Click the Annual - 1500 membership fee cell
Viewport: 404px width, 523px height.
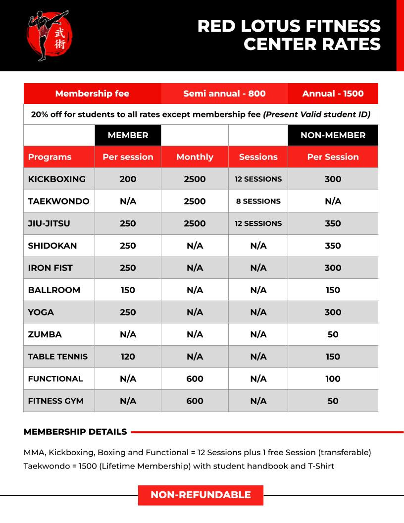333,94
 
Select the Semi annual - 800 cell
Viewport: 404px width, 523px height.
224,94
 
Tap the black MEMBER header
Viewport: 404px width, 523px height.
128,135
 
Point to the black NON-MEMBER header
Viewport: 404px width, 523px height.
333,135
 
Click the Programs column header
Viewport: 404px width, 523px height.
50,157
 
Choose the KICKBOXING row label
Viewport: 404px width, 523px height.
56,179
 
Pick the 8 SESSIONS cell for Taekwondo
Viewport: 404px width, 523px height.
258,201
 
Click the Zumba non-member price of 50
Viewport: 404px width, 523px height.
333,334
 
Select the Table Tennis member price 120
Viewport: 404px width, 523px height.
128,357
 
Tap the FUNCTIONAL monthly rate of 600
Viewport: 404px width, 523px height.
195,379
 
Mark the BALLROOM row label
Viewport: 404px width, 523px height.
54,290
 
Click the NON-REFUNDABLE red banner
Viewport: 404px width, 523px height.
201,495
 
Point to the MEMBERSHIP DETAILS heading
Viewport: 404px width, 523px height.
75,432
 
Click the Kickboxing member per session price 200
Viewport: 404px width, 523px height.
128,179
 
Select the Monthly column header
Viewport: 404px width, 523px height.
195,157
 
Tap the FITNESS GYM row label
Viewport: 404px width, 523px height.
55,401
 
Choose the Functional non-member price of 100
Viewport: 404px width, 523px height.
333,379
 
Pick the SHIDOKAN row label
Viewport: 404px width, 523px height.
52,246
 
